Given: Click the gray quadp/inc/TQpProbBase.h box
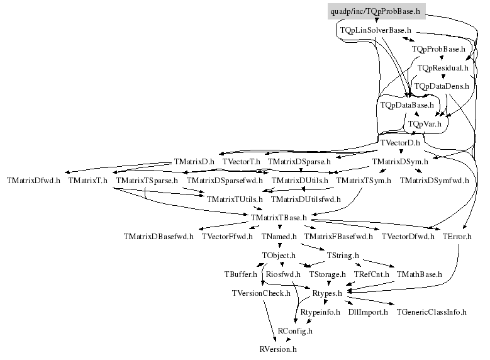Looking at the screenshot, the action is (x=377, y=11).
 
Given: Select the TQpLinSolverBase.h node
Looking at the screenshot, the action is (x=376, y=30).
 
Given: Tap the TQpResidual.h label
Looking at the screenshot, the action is (x=443, y=68).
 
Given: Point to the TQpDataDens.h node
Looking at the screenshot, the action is (x=442, y=86).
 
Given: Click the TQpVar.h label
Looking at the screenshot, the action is (x=425, y=124).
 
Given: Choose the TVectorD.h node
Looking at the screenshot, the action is (x=400, y=143).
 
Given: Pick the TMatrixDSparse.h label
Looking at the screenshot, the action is (x=299, y=162).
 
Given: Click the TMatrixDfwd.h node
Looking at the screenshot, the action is (x=33, y=181).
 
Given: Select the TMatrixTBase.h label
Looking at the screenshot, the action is (x=279, y=218).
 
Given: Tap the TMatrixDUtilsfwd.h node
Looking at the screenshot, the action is (x=306, y=200).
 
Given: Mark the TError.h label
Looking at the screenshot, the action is (x=457, y=237).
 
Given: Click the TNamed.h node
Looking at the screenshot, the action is (x=279, y=237).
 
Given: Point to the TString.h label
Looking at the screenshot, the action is (x=343, y=256).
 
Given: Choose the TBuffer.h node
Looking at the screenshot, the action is (x=241, y=274).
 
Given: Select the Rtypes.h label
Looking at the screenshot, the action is (x=327, y=293).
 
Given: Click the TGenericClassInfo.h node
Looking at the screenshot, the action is (x=432, y=312).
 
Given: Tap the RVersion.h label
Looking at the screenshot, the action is (x=278, y=349).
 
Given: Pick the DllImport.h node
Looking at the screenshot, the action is (x=368, y=312).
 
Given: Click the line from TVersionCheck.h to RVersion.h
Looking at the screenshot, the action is (x=270, y=321).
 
